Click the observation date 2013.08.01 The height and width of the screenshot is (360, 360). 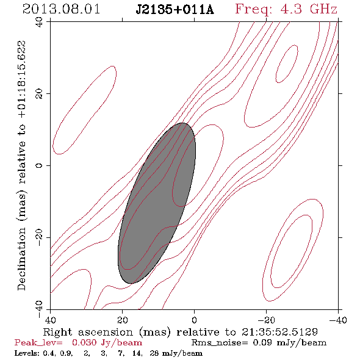(x=61, y=9)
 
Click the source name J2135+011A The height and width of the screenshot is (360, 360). (x=175, y=10)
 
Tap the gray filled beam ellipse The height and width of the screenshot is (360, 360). (x=157, y=203)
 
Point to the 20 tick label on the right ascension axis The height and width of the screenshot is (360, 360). (x=122, y=320)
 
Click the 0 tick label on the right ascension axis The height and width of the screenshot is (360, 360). (x=194, y=320)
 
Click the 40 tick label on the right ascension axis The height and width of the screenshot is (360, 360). (x=50, y=320)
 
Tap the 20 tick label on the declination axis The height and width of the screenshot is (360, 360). (x=39, y=94)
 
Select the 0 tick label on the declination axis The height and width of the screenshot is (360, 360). (x=39, y=165)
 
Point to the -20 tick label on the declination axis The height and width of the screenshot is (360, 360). (x=39, y=237)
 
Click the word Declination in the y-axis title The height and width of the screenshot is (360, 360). (x=21, y=259)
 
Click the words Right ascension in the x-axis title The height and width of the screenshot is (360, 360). (x=88, y=332)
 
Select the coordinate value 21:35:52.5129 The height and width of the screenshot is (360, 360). (x=279, y=332)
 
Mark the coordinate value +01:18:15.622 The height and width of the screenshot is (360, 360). (x=22, y=79)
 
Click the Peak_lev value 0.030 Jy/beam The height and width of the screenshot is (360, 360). (x=107, y=342)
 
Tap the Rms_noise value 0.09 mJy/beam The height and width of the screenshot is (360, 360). (x=290, y=342)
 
